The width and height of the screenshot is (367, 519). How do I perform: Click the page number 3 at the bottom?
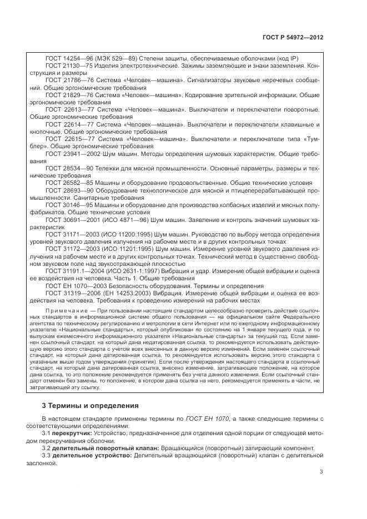click(x=321, y=472)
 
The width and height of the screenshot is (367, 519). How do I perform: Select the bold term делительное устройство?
click(x=92, y=455)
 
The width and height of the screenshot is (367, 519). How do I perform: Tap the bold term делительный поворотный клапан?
click(x=105, y=448)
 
